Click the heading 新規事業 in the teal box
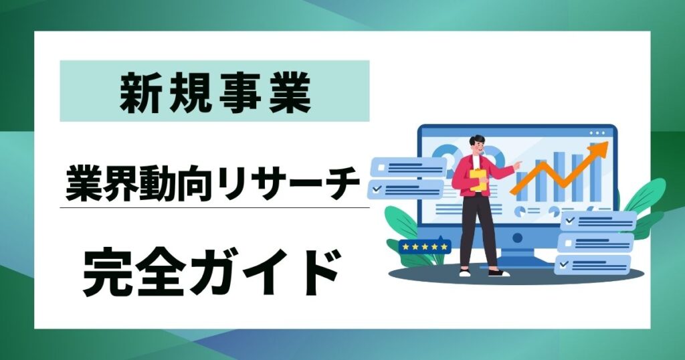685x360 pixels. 215,91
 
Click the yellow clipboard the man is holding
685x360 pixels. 478,181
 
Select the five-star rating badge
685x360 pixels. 424,247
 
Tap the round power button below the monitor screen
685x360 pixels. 516,237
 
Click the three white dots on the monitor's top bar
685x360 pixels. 597,133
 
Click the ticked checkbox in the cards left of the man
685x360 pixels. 377,189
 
